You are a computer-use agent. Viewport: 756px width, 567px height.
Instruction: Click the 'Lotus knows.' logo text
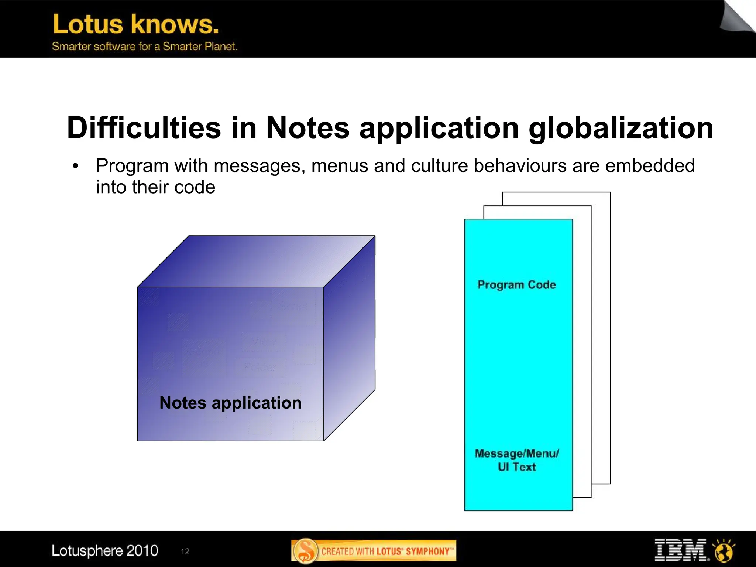pos(136,24)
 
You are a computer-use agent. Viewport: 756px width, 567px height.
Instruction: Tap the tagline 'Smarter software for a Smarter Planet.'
pos(145,47)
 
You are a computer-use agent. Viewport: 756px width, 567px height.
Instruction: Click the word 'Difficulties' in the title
pos(144,128)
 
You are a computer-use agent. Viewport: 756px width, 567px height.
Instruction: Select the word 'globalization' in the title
pos(621,129)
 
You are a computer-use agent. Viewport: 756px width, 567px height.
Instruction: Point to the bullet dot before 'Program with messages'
pos(76,167)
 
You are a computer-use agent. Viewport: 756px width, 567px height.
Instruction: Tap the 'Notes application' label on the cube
pos(230,403)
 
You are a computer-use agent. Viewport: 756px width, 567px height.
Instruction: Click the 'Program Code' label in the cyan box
pos(516,285)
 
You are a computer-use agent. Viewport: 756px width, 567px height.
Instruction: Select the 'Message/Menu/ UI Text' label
pos(516,460)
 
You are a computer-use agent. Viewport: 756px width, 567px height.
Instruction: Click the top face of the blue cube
pos(256,261)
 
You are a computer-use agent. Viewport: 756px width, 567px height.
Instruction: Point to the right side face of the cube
pos(349,338)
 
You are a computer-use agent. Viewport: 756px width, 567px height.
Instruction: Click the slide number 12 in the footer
pos(185,551)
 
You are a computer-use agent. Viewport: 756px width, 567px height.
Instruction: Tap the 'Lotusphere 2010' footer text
pos(105,551)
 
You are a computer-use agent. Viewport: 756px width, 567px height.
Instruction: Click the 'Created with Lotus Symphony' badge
pos(374,551)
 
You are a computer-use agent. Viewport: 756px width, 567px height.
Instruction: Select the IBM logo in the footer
pos(680,550)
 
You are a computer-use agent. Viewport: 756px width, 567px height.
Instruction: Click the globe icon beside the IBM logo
pos(724,551)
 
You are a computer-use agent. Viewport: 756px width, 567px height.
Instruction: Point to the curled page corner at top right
pos(736,17)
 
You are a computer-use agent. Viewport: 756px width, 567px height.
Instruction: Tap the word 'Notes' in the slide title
pos(308,128)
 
